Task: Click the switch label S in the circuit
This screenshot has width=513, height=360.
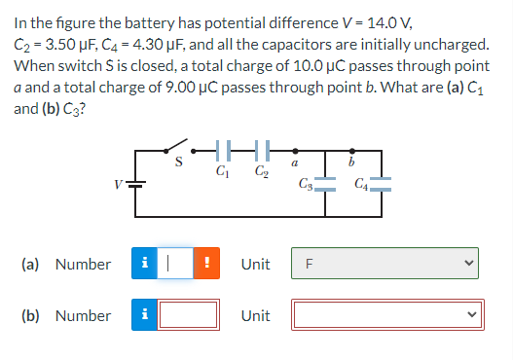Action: point(179,162)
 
